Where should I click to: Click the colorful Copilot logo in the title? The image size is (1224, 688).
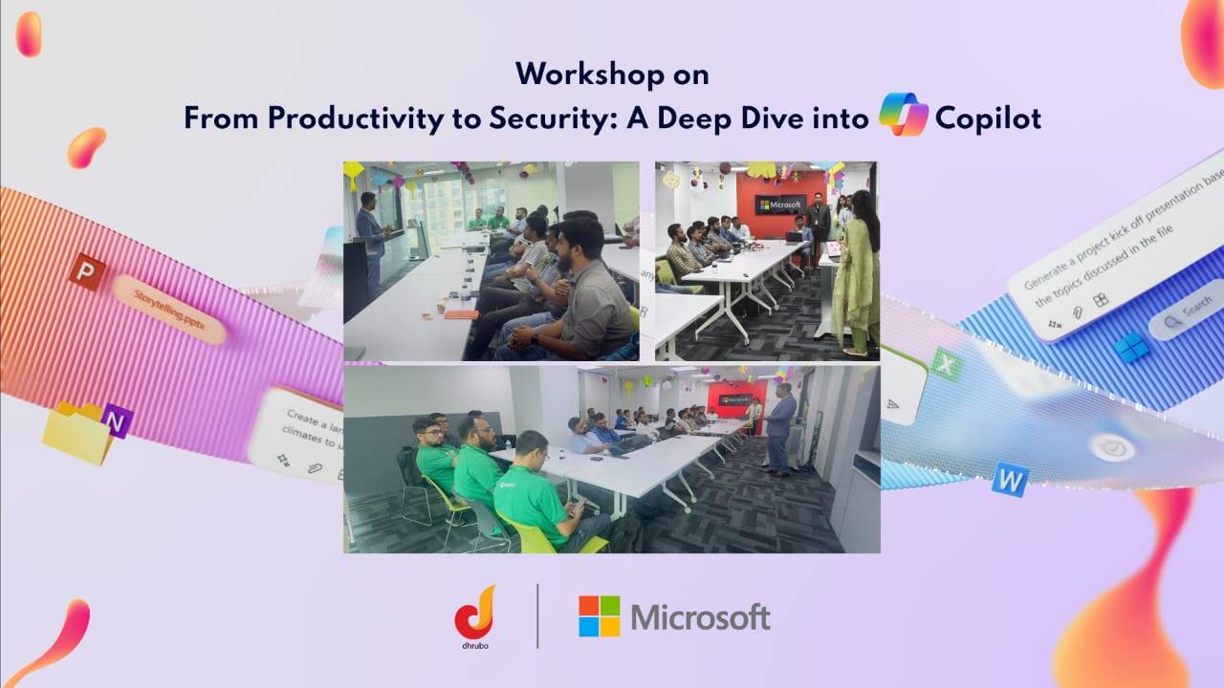coord(904,115)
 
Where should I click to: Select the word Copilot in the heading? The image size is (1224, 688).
coord(988,118)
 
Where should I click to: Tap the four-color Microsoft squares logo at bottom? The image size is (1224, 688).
coord(599,616)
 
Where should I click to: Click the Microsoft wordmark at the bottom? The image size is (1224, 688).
coord(700,617)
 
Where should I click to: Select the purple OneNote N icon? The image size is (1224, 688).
coord(117,420)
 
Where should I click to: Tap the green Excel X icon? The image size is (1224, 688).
coord(945,364)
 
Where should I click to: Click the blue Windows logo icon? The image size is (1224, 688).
coord(1131,346)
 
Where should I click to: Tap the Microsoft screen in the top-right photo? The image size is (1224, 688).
coord(779,204)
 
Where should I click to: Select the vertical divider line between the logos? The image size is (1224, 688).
coord(537,616)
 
